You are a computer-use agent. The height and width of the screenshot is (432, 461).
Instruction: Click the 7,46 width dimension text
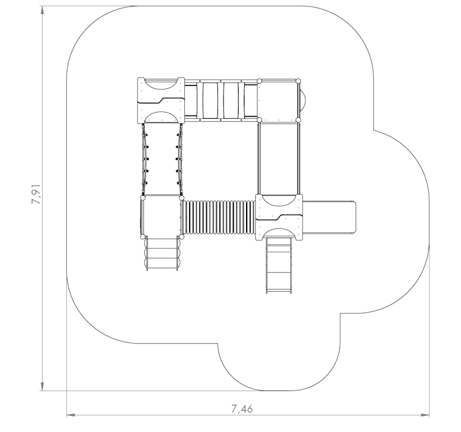(242, 409)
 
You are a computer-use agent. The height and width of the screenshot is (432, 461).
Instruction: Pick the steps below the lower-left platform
(162, 254)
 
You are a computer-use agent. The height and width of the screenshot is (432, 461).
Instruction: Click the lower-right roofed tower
(279, 216)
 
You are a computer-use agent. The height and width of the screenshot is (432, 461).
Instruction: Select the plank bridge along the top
(221, 100)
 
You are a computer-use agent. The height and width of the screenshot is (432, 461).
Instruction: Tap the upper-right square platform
(279, 100)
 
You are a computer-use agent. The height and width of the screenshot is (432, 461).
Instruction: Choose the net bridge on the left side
(162, 159)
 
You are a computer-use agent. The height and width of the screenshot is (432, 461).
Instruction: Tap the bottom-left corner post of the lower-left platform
(142, 236)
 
